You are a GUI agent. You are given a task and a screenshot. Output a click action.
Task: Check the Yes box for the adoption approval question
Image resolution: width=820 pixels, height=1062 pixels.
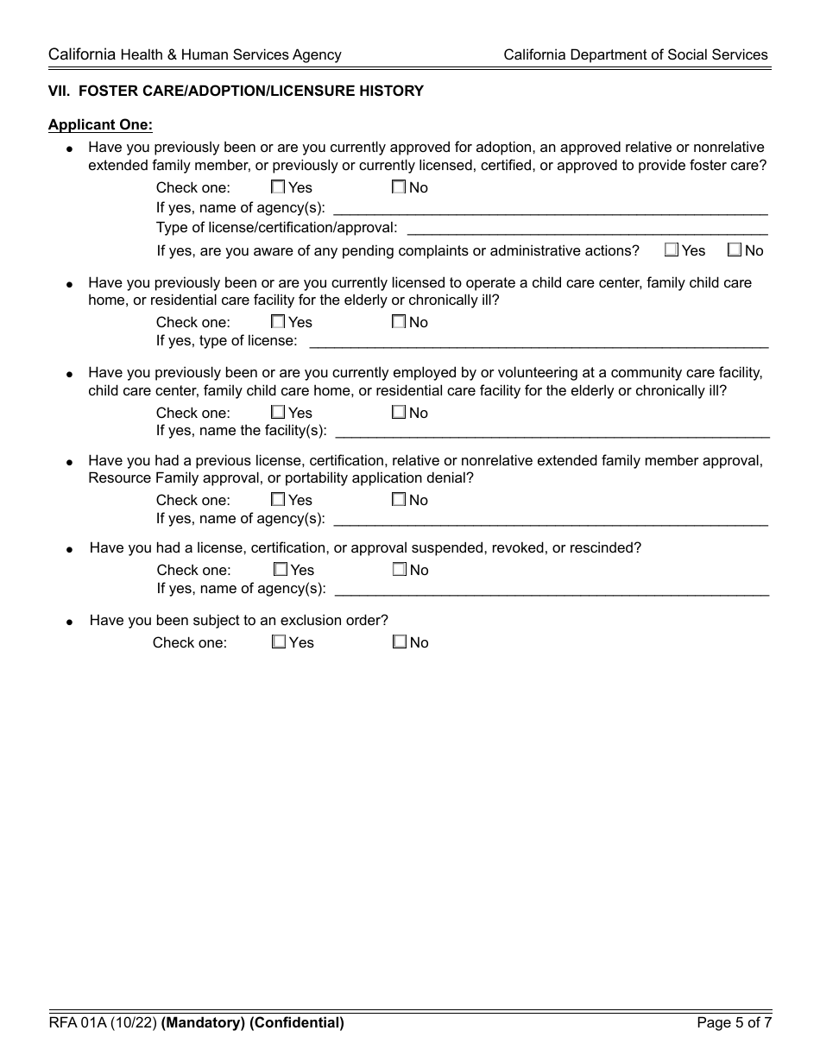278,186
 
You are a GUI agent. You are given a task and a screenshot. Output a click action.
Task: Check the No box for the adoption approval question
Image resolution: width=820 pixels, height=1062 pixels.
399,186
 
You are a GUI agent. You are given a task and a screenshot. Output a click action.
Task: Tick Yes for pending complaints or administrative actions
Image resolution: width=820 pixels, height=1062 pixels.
672,250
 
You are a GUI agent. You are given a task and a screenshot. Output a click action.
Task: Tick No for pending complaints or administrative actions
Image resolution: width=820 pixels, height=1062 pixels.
735,250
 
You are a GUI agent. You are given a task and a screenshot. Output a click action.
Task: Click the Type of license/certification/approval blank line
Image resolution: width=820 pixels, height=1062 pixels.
587,228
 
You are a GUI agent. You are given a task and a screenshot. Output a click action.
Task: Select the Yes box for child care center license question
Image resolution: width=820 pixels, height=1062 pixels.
278,321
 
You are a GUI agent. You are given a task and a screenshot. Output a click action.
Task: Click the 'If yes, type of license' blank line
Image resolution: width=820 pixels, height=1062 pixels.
539,341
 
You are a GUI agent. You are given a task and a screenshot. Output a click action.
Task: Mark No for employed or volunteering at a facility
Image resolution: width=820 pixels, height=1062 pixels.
399,412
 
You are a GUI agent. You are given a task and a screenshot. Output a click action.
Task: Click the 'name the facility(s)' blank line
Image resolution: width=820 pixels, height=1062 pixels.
552,431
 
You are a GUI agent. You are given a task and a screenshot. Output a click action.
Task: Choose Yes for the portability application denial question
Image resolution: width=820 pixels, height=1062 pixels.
278,499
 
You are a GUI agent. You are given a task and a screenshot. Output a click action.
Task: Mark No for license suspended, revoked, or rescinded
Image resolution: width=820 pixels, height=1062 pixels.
400,569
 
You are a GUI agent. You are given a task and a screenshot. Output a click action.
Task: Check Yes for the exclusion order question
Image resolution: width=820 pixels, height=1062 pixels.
279,642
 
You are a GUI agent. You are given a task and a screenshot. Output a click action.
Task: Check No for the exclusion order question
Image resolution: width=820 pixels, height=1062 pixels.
400,642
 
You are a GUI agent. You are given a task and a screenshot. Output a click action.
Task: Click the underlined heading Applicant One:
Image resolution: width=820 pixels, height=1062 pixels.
100,125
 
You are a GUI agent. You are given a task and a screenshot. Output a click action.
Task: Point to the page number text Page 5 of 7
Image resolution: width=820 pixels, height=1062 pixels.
734,1023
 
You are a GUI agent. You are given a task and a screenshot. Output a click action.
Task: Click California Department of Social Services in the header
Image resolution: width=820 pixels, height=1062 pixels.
635,54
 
